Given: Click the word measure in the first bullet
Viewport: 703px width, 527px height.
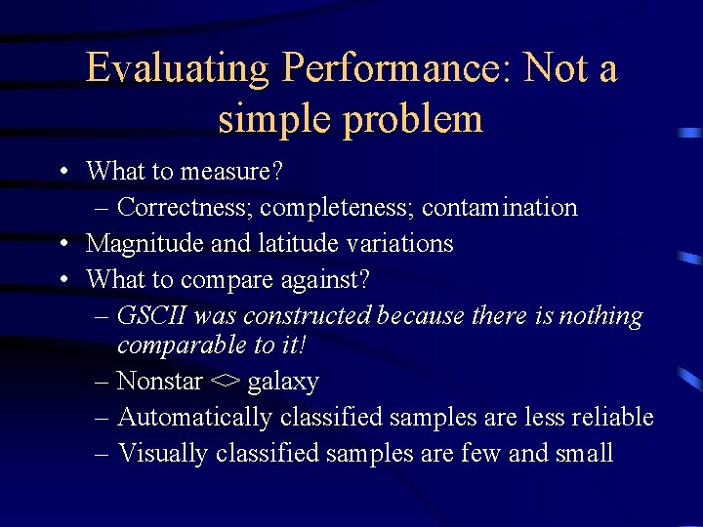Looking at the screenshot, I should tap(234, 172).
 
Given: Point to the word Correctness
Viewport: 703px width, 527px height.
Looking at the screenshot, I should tap(182, 208).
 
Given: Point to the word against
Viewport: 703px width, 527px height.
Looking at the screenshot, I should tap(322, 279).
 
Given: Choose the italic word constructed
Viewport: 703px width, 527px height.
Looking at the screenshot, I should tap(308, 316).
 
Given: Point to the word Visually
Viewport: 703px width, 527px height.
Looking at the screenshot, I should tap(162, 453).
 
